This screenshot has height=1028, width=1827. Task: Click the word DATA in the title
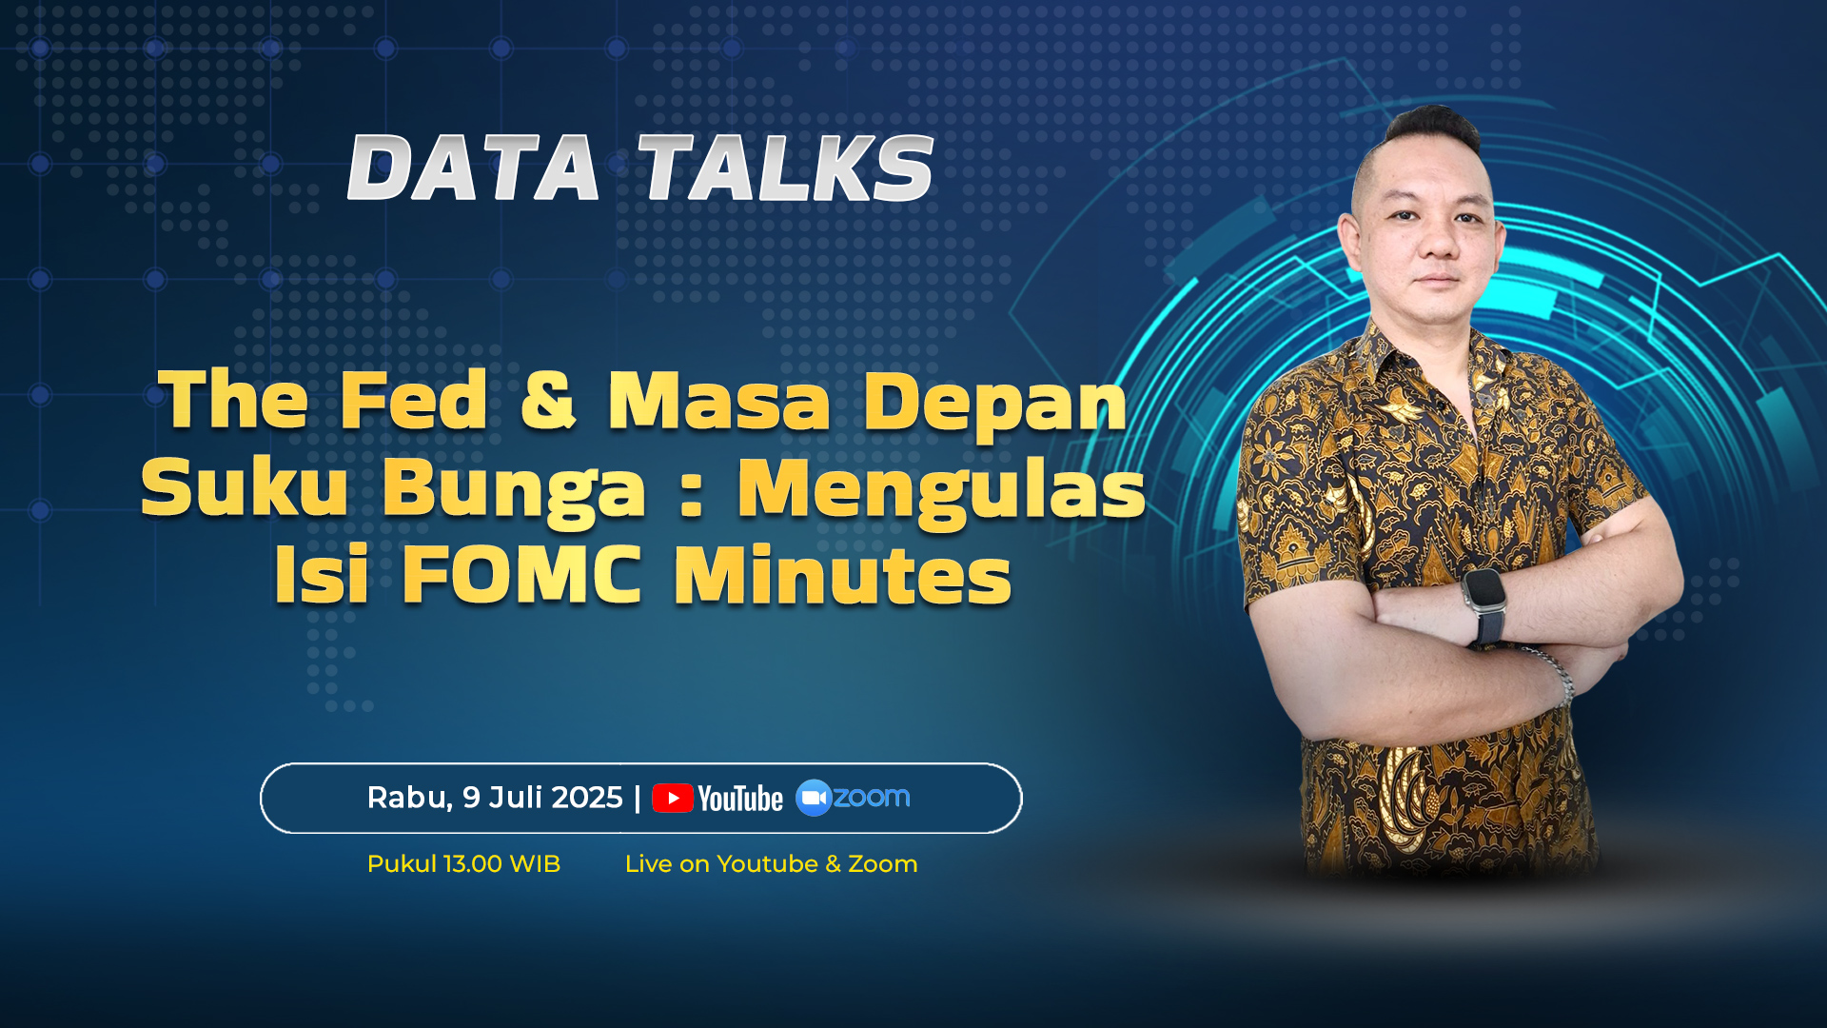tap(474, 168)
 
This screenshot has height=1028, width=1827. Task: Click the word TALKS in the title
tap(786, 168)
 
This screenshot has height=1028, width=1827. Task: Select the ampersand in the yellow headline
tap(549, 400)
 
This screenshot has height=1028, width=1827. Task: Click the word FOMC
tap(521, 575)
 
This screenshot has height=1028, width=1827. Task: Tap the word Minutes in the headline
tap(843, 575)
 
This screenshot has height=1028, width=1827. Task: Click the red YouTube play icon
tap(673, 799)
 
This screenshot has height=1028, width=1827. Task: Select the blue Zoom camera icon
tap(814, 798)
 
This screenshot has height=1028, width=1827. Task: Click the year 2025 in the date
tap(587, 798)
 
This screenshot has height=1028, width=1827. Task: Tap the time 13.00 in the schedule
tap(473, 864)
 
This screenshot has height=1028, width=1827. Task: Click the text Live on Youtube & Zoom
tap(771, 864)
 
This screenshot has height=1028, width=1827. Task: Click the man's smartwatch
tap(1483, 602)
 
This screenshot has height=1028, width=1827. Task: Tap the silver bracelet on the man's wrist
tap(1553, 674)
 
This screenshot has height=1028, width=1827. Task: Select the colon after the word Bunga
tap(692, 492)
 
